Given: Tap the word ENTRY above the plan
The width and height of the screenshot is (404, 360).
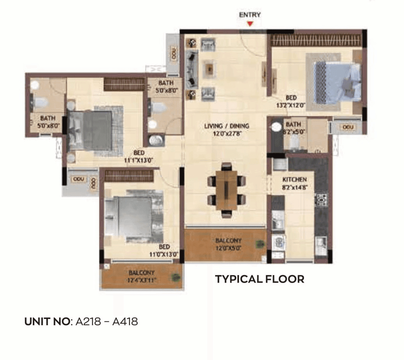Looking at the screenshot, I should [250, 15].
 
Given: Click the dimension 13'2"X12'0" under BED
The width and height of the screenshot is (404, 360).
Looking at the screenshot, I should [291, 105].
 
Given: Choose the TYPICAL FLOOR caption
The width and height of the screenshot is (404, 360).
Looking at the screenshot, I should [260, 279].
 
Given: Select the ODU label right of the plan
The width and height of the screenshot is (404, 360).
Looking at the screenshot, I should [348, 127].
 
